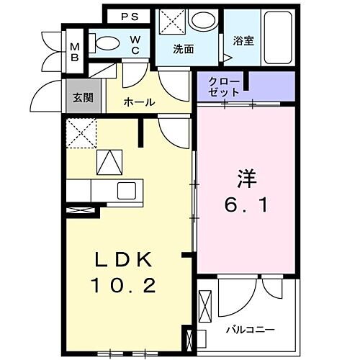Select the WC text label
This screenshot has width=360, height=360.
(134, 46)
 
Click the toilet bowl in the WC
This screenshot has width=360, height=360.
(109, 42)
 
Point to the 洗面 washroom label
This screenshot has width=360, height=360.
(184, 50)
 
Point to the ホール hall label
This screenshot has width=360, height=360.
(139, 102)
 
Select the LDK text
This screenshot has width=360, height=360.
(122, 260)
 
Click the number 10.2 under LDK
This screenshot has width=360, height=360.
(123, 287)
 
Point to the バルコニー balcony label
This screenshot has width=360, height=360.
(249, 330)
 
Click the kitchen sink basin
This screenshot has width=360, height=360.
(127, 191)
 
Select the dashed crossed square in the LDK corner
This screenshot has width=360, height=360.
(81, 132)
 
